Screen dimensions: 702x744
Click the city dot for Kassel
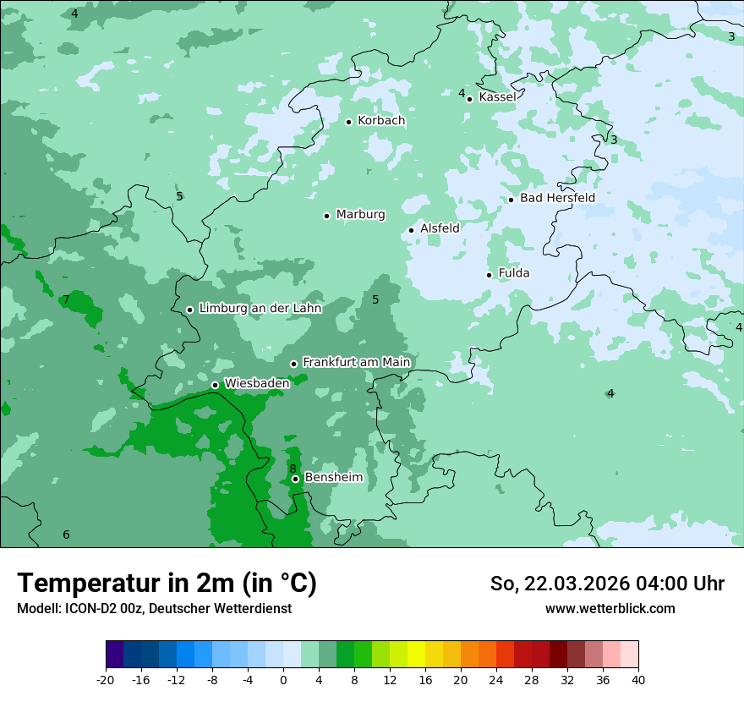pos(470,99)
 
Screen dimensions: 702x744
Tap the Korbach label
pos(381,121)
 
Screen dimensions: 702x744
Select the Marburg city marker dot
pos(326,216)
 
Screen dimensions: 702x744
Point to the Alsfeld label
pos(440,228)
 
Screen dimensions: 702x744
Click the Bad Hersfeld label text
pos(557,198)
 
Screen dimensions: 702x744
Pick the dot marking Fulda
pos(489,275)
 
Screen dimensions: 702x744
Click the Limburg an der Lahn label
pos(260,309)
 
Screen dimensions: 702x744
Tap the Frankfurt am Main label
pos(356,362)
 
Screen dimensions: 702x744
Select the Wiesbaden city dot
pos(215,385)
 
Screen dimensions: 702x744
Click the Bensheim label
pos(333,477)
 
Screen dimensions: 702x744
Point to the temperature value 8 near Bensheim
pos(293,469)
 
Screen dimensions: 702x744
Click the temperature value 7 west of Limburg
pos(66,300)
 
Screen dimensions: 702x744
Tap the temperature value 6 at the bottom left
pos(66,535)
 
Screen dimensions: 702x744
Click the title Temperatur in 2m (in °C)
pos(167,583)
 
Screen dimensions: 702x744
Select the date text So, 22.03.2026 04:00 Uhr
pos(607,584)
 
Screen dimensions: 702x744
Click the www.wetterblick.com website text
pos(610,608)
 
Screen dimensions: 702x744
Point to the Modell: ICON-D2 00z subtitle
pos(154,608)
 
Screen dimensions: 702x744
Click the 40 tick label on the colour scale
pos(637,680)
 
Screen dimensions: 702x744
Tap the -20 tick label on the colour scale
pos(106,680)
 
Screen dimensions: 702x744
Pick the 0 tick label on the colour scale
pos(283,680)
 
